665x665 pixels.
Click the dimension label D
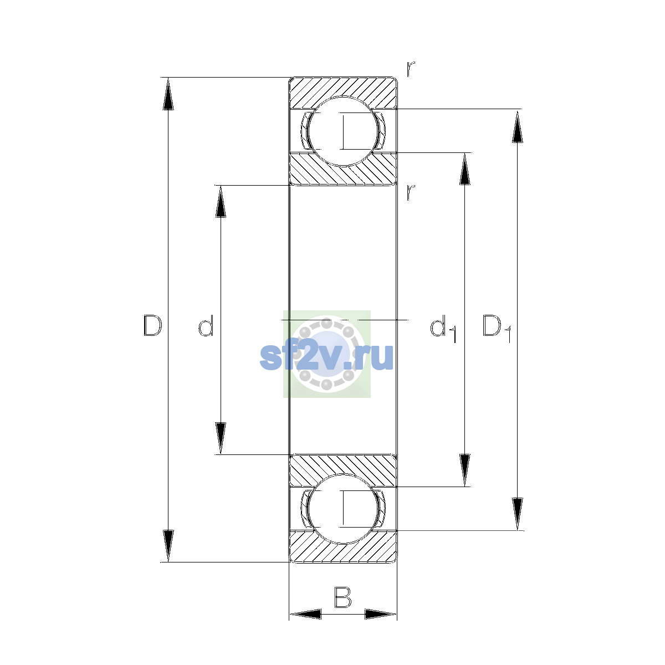[152, 325]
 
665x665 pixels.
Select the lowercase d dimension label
[206, 325]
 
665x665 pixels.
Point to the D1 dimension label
[497, 328]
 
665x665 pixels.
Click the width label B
[342, 597]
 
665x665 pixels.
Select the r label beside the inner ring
[411, 192]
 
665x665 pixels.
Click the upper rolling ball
[343, 131]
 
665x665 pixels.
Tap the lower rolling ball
[343, 509]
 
